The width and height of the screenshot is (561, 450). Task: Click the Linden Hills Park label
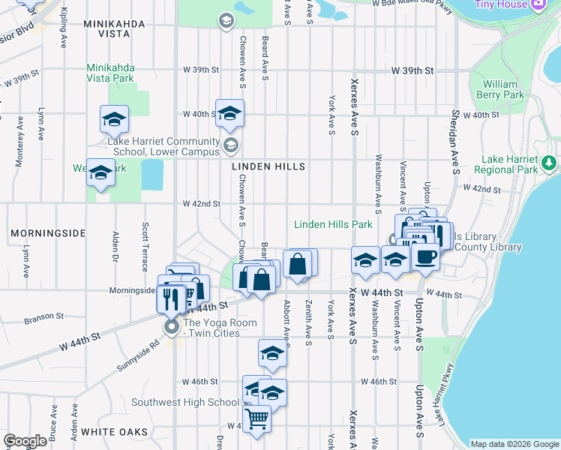coord(333,224)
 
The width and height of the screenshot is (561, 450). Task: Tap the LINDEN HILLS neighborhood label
coord(268,166)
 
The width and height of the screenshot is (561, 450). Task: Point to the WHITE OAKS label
coord(115,432)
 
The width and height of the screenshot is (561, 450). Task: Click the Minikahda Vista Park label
coord(110,73)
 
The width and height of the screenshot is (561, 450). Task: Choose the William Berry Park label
coord(503,90)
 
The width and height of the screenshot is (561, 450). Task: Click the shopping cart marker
coord(256,418)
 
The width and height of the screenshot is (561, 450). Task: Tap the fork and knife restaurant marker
coord(169,298)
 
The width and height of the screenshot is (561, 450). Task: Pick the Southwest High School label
coord(184,402)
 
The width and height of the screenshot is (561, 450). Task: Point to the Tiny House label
coord(502,4)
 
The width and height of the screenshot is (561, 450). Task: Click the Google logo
coord(25,441)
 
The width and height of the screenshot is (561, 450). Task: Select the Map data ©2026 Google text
coord(514,444)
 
